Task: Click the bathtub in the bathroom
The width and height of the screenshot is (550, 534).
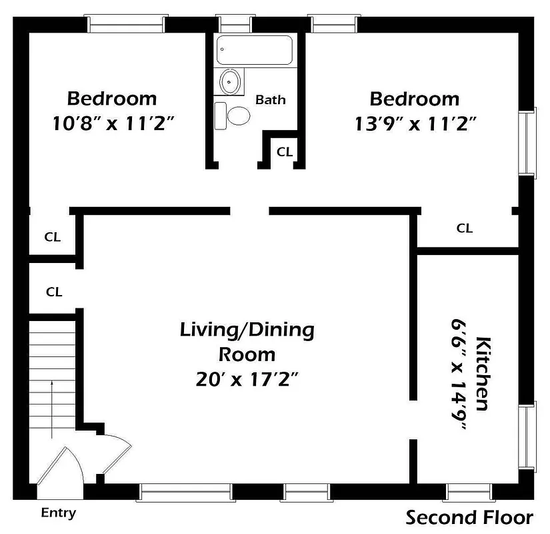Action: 248,51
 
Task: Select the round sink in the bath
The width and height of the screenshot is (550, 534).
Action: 230,83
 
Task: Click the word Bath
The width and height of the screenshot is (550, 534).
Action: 271,100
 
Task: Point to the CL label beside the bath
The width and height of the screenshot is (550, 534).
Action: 285,152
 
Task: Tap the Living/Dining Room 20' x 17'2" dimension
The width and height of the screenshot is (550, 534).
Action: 247,378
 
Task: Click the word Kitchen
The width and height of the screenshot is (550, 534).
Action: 484,374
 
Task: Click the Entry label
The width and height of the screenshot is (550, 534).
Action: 59,513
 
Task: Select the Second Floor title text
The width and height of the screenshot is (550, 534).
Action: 470,517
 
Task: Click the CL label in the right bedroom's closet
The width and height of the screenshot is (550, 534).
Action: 465,228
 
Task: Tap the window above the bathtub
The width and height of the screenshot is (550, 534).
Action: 235,25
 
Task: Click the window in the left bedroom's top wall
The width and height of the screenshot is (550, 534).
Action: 127,25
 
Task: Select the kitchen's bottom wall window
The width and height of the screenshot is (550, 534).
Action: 467,493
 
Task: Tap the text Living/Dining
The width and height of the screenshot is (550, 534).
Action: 247,330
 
